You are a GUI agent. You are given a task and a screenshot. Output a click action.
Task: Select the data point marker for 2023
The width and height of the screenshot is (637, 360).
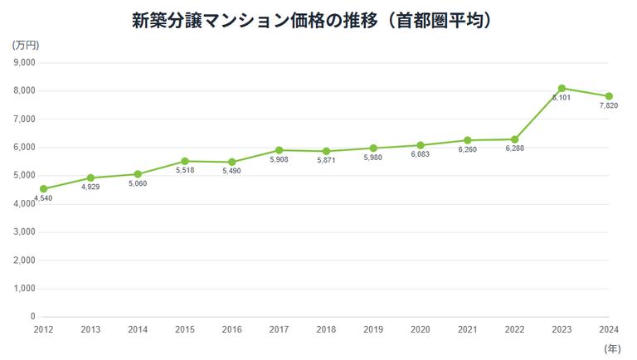tap(562, 88)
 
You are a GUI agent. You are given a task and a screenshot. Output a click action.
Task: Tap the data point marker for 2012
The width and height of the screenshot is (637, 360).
tap(43, 189)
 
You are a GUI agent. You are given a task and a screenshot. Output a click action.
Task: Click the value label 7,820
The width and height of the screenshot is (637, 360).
tap(609, 106)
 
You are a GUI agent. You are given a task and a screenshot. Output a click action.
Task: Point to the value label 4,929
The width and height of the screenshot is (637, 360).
tap(90, 187)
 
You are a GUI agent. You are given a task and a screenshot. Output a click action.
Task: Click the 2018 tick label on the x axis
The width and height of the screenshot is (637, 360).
tap(326, 329)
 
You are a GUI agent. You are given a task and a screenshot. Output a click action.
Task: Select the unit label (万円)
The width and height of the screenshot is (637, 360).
tap(26, 45)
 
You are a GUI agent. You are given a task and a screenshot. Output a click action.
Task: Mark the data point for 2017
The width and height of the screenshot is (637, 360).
tap(280, 150)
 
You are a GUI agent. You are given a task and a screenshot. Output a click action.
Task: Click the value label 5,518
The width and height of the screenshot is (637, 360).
tap(185, 171)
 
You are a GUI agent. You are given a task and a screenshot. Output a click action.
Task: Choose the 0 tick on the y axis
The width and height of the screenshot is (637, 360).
tap(33, 317)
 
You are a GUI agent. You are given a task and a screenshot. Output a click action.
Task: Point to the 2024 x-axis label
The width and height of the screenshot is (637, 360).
tap(609, 329)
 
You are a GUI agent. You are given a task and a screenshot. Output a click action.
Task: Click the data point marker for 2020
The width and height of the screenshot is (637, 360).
tap(421, 145)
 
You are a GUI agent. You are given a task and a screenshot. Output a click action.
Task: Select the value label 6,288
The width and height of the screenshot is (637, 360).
tap(515, 149)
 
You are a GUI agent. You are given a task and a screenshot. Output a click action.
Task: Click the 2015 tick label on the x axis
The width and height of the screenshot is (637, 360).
tap(185, 329)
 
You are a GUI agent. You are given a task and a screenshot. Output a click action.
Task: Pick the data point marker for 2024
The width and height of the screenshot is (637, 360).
tap(609, 96)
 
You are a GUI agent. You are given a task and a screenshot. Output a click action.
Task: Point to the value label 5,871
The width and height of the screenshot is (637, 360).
tap(326, 161)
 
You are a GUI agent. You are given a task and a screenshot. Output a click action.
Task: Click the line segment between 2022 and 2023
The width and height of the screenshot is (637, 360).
tap(539, 114)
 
